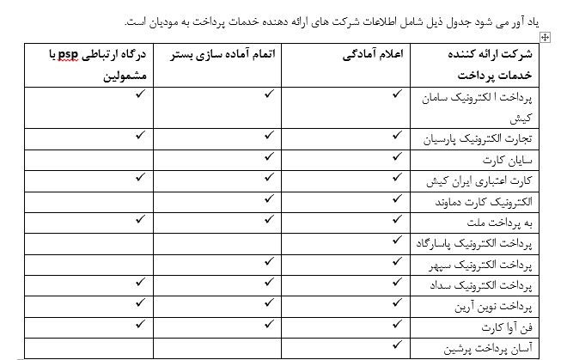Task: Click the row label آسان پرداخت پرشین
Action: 456,347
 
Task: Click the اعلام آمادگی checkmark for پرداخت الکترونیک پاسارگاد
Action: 395,241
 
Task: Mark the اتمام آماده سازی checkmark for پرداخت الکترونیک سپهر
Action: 269,262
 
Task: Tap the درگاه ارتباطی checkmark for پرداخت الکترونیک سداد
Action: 138,284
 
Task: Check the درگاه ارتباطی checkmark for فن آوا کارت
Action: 138,325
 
